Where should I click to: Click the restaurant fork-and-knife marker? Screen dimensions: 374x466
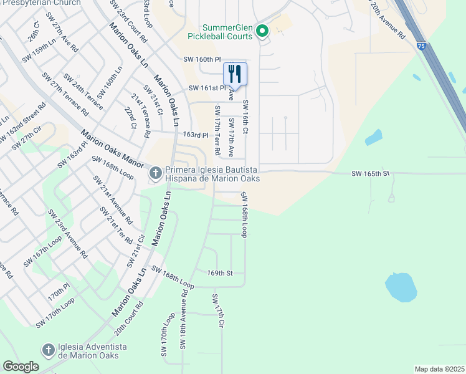pos(235,74)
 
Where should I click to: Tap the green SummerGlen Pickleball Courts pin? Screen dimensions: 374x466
pos(262,31)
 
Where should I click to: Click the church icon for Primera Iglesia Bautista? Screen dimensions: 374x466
pos(155,173)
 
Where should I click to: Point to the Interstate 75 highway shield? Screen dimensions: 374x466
pos(422,46)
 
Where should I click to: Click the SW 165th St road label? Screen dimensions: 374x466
pos(369,173)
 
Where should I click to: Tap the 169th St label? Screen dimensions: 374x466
pos(220,273)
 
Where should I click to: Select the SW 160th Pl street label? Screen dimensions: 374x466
pos(202,59)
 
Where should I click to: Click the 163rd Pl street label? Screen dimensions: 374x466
pos(195,135)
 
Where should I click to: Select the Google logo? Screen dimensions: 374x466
pos(21,367)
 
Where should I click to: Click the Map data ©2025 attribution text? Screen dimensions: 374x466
pos(439,369)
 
